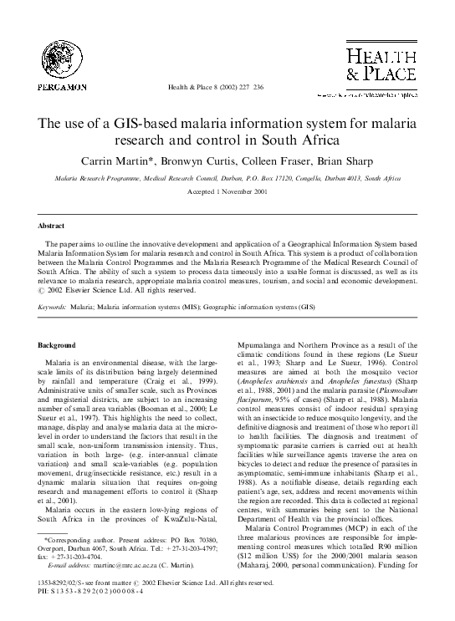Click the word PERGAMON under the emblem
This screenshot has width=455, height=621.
click(x=60, y=86)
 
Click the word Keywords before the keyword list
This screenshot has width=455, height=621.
click(x=54, y=307)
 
